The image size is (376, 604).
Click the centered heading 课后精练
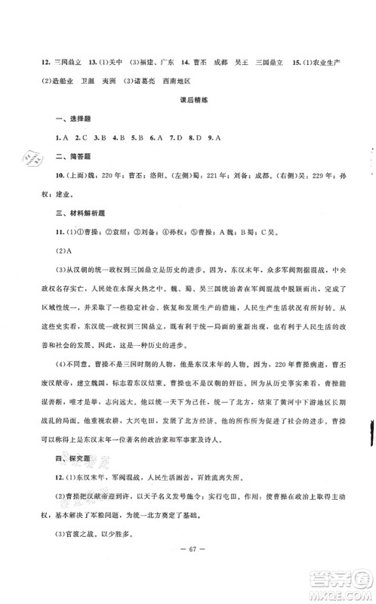(x=189, y=102)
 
